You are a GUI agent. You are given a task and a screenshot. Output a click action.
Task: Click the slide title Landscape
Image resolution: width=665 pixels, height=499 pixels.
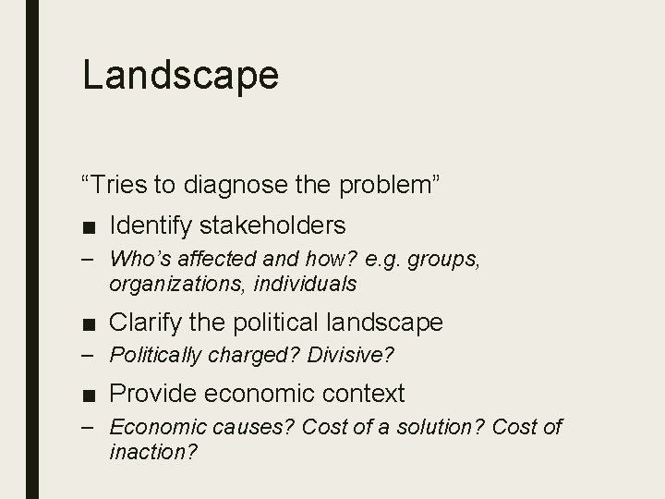[x=180, y=75]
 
